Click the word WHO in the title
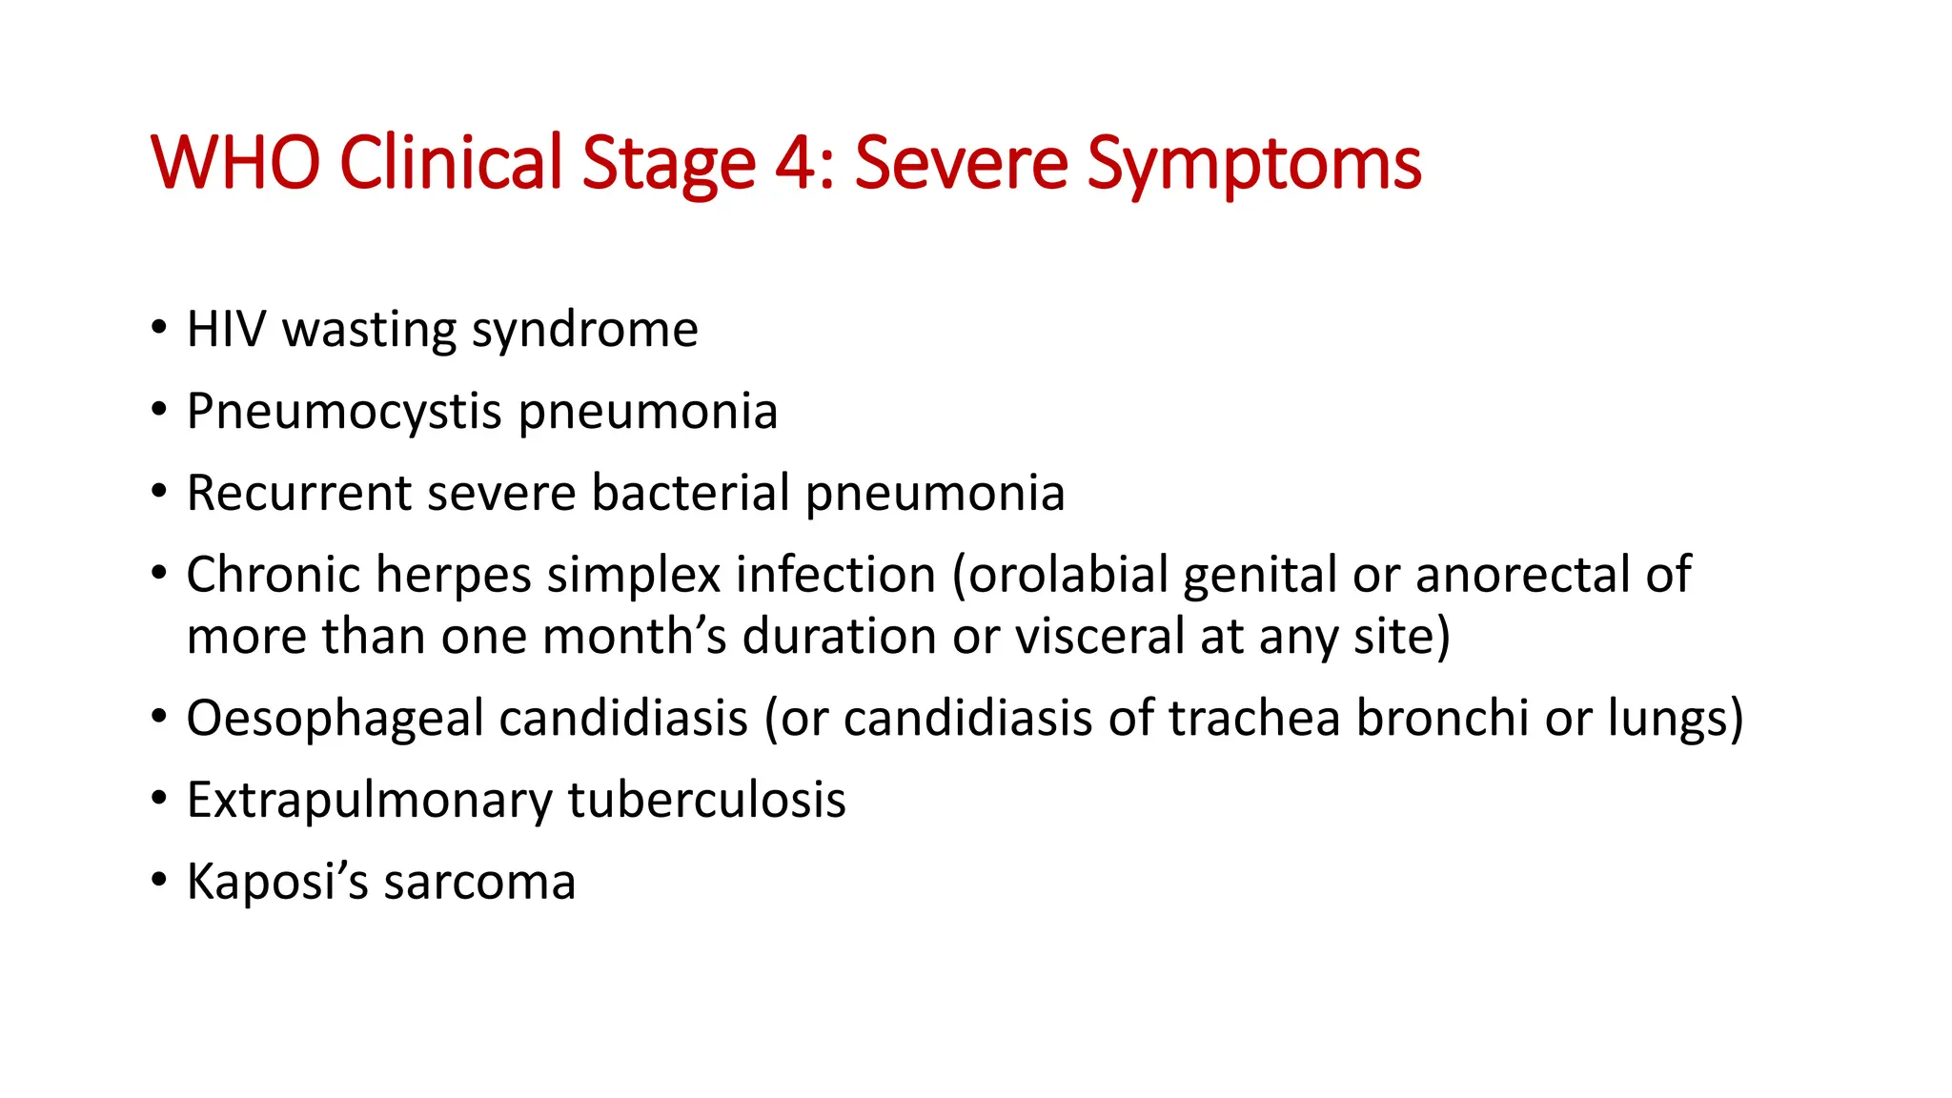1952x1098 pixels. point(235,162)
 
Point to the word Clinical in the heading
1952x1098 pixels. point(451,162)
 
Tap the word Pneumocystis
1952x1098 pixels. point(344,413)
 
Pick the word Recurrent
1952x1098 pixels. point(298,494)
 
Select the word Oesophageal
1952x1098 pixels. point(335,720)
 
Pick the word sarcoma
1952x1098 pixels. point(479,883)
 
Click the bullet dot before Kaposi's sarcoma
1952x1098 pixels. point(158,880)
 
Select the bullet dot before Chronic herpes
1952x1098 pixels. point(158,573)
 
